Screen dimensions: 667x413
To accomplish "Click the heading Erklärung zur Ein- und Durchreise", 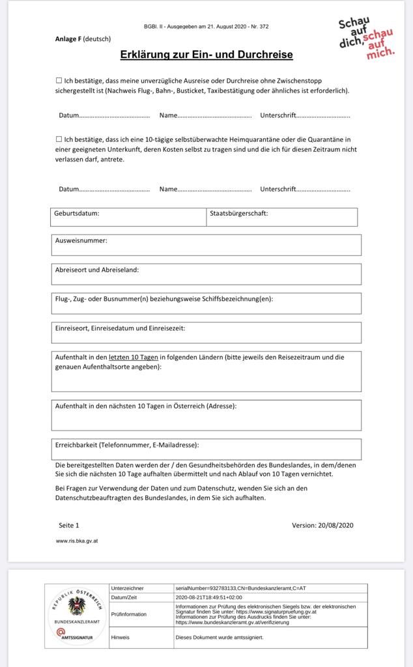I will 206,55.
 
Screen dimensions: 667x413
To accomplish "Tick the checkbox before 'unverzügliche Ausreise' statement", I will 59,80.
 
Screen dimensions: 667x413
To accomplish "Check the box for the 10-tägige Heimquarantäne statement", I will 59,139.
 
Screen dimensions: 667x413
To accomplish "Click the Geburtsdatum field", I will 128,217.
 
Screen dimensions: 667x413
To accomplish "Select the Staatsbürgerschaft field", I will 282,217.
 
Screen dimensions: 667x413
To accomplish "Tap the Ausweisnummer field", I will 206,245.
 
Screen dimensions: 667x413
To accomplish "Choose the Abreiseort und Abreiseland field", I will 206,274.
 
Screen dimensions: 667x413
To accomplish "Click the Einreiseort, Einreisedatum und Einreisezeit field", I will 206,333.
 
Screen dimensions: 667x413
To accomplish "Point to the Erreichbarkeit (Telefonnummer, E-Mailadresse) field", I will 206,449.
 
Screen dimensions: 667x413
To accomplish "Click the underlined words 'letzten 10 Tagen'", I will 134,357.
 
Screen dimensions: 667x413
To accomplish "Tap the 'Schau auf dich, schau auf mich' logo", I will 366,39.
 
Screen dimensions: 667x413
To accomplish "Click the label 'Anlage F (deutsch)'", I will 83,38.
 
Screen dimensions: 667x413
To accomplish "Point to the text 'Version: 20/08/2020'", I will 322,525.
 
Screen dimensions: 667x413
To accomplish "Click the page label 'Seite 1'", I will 68,525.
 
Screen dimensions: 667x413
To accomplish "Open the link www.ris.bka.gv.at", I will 77,541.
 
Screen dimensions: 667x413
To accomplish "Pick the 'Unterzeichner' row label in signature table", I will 128,588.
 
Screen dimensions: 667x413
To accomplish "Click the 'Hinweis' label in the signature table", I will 121,637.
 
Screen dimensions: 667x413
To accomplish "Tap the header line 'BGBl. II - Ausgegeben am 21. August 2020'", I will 206,27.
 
